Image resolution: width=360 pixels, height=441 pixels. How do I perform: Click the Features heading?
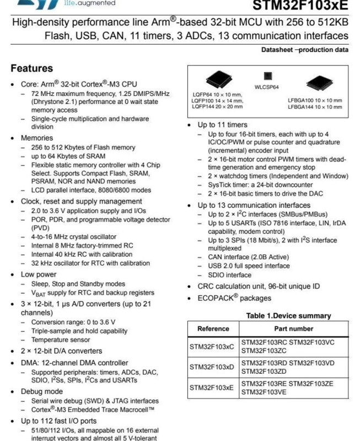click(x=32, y=68)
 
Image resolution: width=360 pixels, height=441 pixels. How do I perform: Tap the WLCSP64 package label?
click(x=266, y=87)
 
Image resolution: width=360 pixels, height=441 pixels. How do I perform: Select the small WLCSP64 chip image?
click(x=267, y=76)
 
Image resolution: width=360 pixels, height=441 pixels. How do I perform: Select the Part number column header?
click(x=293, y=329)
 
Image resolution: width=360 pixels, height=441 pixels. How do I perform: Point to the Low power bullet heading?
click(x=39, y=274)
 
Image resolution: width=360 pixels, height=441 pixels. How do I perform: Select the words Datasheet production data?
click(x=305, y=50)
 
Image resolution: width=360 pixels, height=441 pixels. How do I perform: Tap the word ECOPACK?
click(x=218, y=298)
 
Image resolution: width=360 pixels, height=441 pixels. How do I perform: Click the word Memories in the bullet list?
click(x=37, y=138)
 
